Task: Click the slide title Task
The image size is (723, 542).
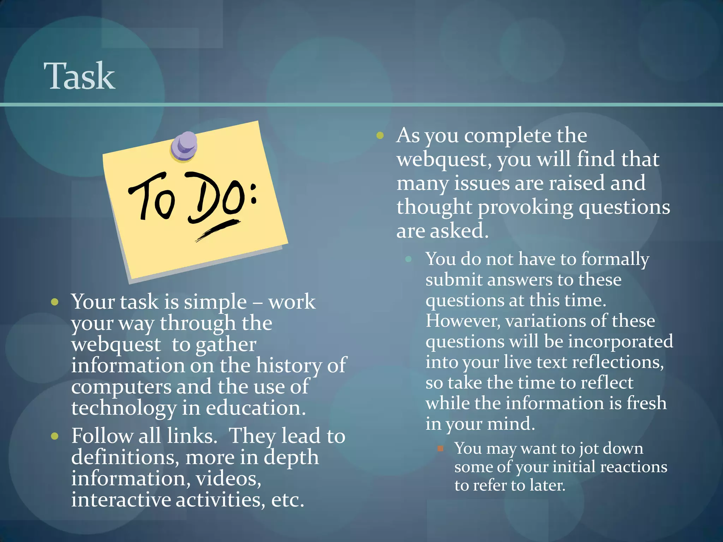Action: point(79,76)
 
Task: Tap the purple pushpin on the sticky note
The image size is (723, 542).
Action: point(184,146)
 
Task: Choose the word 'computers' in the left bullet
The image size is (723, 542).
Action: point(121,387)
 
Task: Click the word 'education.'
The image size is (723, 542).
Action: point(256,408)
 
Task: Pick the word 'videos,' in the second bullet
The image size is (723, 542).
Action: point(228,479)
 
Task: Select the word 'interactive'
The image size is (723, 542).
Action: point(120,500)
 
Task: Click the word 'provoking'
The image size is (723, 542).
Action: point(525,207)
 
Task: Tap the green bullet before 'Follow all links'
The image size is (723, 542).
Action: point(55,436)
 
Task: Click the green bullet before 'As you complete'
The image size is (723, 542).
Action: point(380,135)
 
